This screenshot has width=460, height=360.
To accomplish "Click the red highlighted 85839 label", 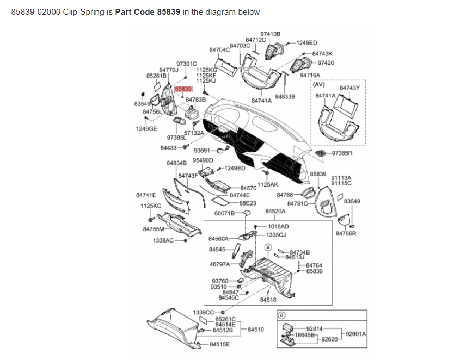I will (183, 88).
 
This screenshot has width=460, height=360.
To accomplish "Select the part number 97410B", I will (270, 34).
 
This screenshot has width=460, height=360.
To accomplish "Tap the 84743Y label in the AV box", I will (349, 88).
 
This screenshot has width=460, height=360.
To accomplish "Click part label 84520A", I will (275, 210).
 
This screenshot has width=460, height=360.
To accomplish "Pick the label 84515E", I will (220, 344).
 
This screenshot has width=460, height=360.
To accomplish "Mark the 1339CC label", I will (203, 312).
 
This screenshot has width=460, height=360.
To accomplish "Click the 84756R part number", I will (346, 233).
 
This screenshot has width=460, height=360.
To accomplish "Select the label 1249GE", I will (146, 129).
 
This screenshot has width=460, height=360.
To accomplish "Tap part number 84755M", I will (153, 229).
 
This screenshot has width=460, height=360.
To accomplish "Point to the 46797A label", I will (220, 264).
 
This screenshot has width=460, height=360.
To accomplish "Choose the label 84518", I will (268, 300).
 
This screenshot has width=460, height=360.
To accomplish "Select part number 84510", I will (256, 330).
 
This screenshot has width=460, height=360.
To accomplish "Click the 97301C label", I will (186, 64).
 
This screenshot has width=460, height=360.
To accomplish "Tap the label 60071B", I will (224, 213).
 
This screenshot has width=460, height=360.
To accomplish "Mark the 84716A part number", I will (310, 75).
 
